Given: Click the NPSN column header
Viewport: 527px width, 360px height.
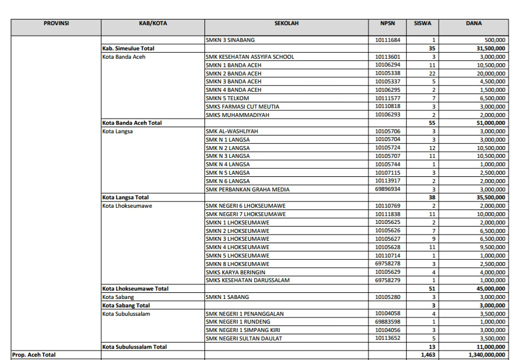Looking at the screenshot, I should pyautogui.click(x=387, y=24).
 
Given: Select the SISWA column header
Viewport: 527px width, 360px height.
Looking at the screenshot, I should pyautogui.click(x=422, y=24).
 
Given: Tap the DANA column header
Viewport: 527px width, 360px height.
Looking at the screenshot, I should pyautogui.click(x=474, y=24).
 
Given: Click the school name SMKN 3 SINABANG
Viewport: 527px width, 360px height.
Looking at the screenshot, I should pyautogui.click(x=230, y=40).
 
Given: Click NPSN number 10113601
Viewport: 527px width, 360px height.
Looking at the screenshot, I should pyautogui.click(x=387, y=57).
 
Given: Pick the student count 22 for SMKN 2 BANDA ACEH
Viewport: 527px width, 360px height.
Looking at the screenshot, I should pyautogui.click(x=432, y=73).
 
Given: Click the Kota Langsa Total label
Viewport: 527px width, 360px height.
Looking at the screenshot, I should pyautogui.click(x=125, y=197).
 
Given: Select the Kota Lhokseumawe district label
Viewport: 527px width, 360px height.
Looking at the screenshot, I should pyautogui.click(x=128, y=205).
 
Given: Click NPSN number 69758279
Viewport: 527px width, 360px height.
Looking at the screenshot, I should pyautogui.click(x=387, y=280).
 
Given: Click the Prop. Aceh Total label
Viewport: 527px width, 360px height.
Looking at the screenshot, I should pyautogui.click(x=34, y=355).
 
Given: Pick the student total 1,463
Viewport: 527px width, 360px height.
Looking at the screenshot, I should pyautogui.click(x=427, y=355).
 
